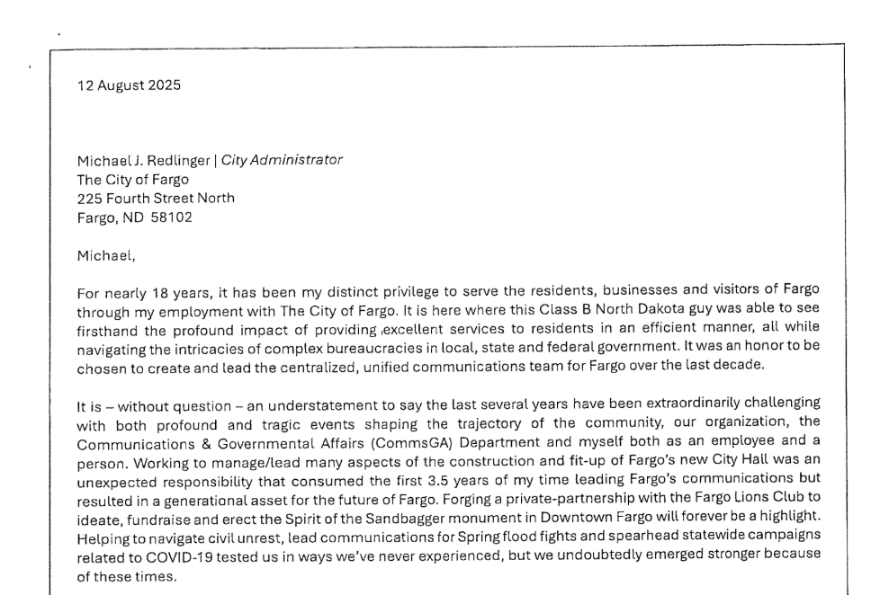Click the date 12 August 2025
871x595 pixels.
pos(129,86)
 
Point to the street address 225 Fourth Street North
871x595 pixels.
pos(156,198)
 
